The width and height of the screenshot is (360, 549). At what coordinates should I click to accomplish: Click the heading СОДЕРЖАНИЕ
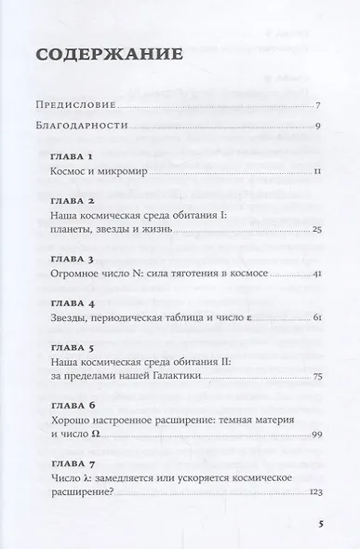108,55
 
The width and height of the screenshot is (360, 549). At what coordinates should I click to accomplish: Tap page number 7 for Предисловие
318,105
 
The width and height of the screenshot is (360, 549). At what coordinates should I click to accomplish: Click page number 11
317,172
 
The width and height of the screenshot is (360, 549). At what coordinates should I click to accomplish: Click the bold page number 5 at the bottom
319,525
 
